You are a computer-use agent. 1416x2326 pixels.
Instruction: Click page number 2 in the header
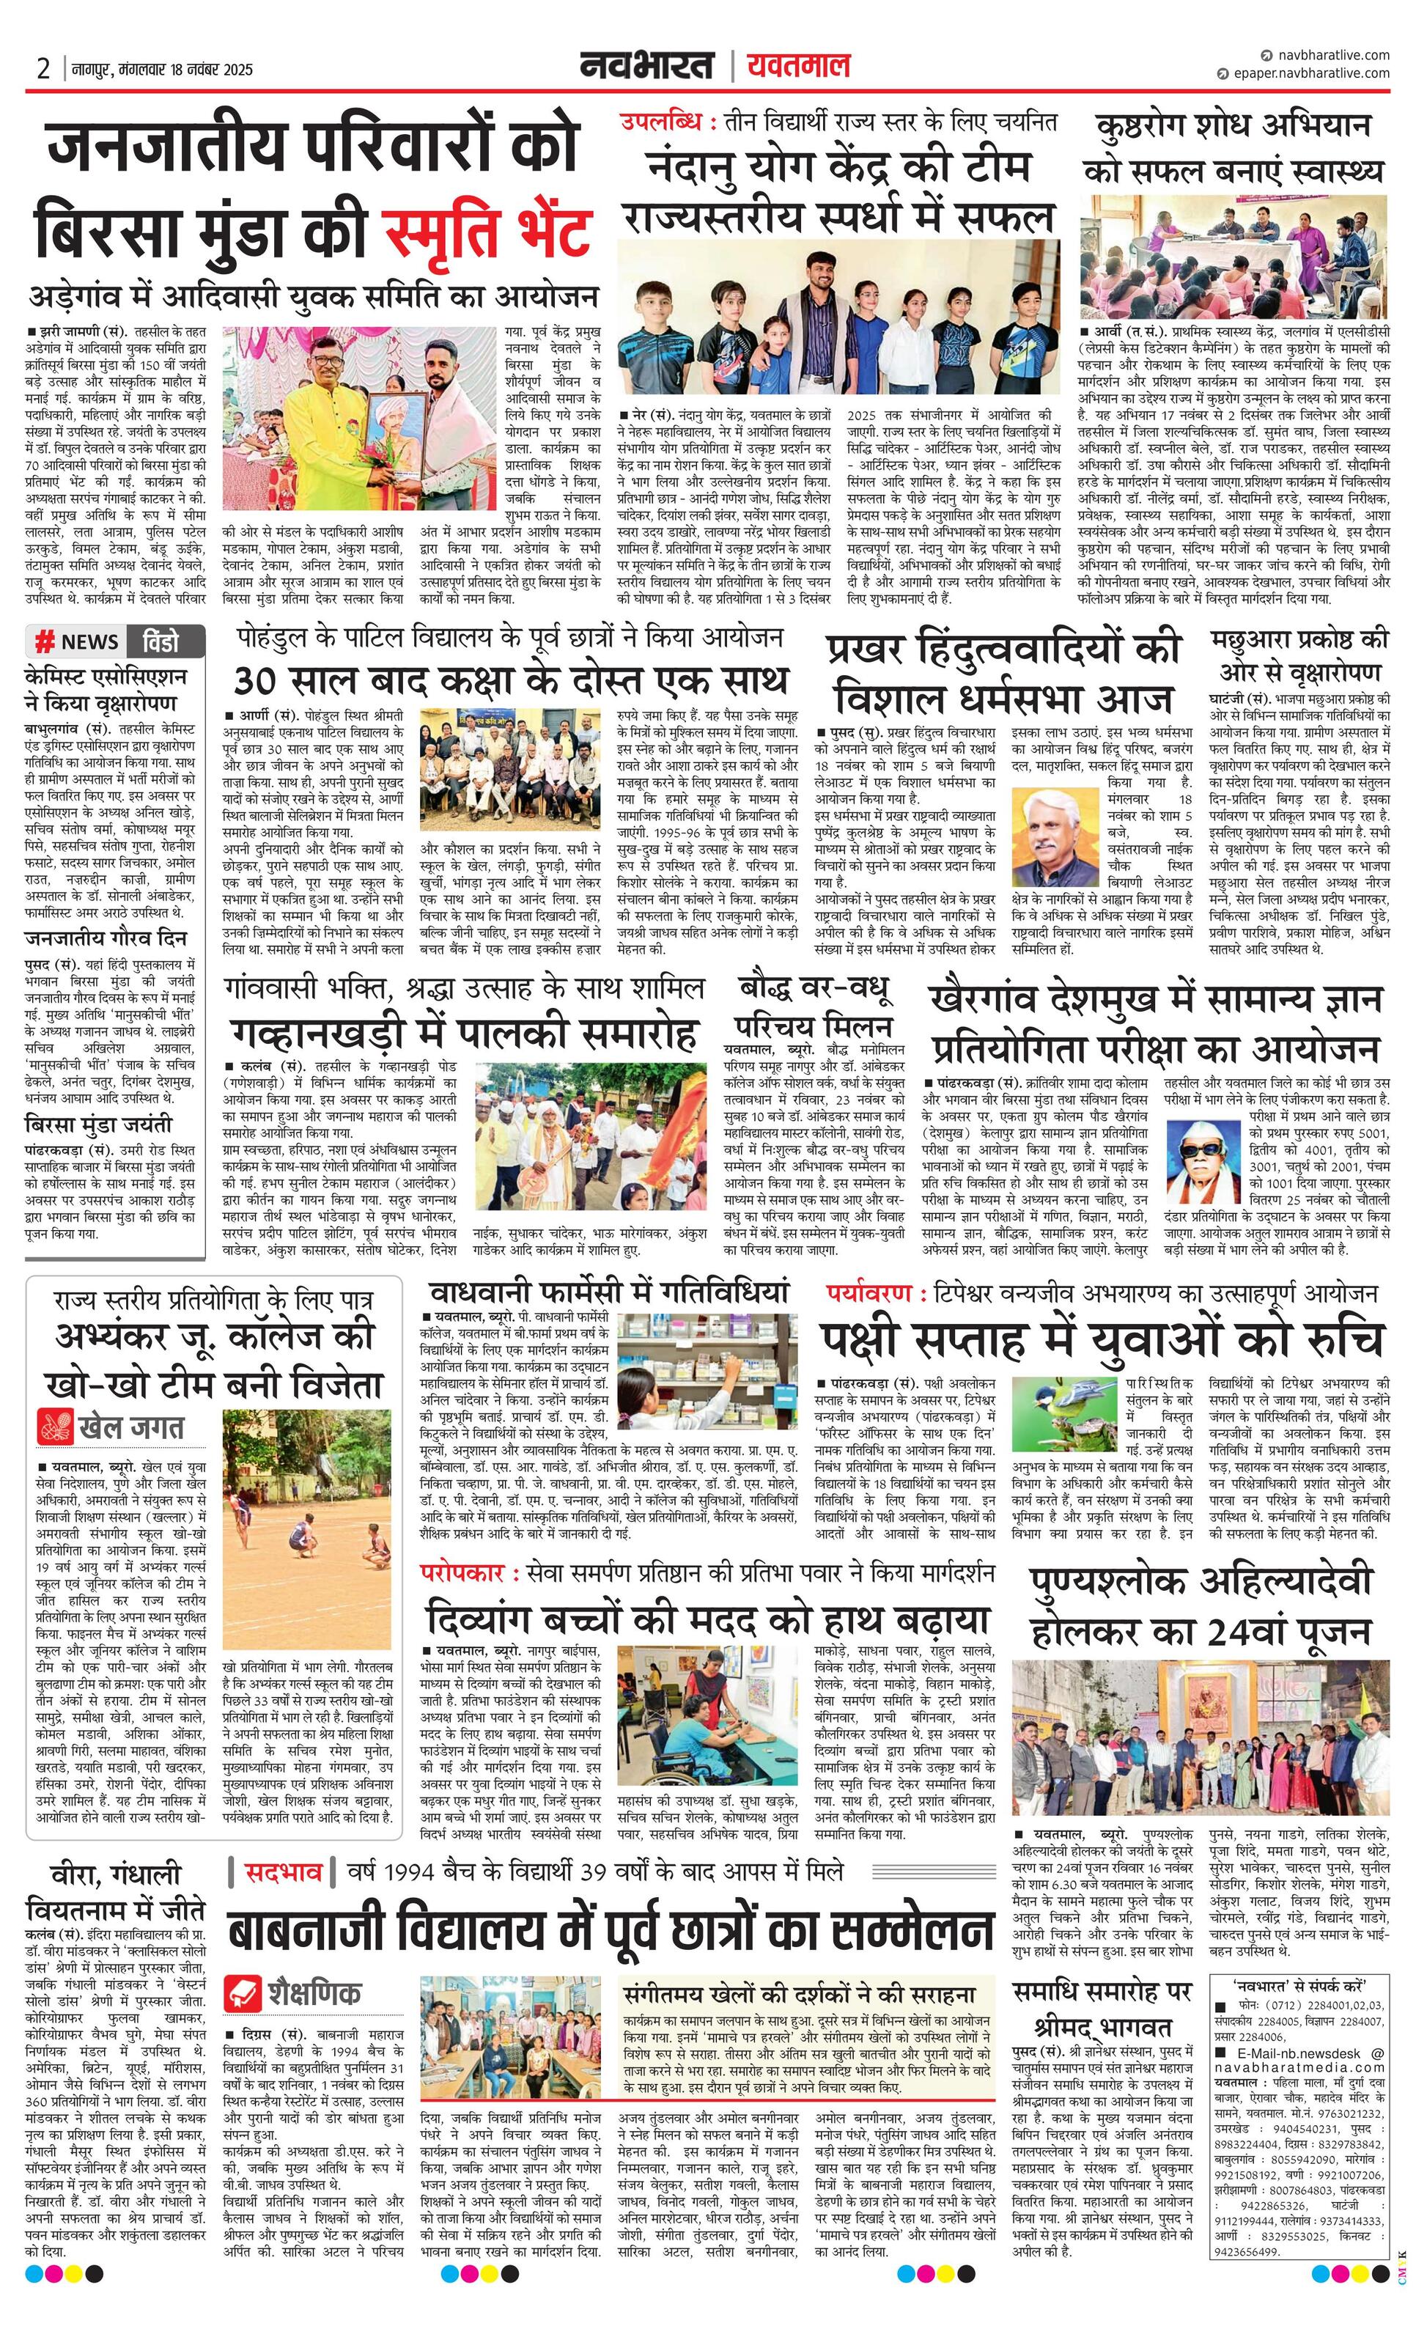point(43,69)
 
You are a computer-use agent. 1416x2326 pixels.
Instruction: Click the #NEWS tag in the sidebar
point(76,642)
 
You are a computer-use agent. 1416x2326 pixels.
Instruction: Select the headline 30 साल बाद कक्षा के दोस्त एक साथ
point(511,680)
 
